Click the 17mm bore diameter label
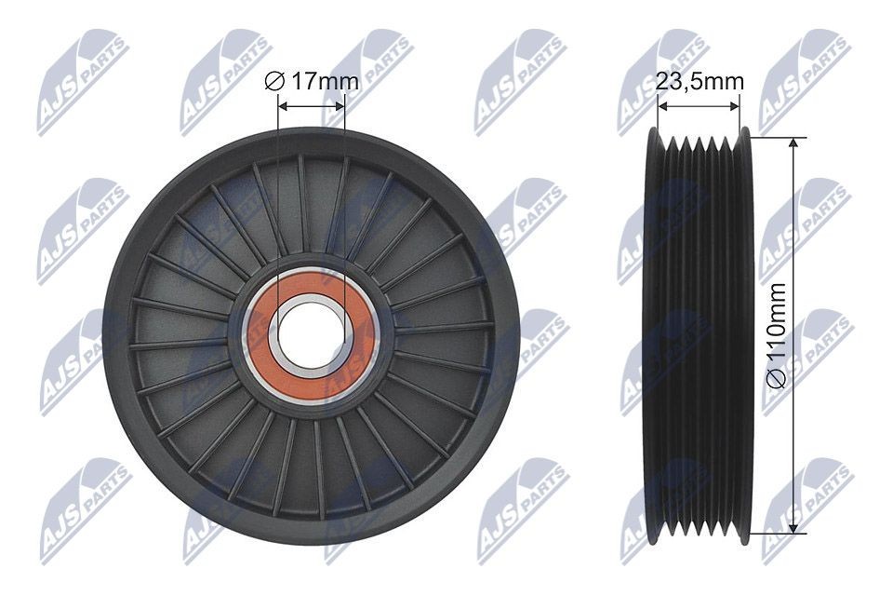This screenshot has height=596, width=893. click(312, 82)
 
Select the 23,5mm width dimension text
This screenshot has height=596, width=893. click(700, 81)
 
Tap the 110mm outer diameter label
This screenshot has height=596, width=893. click(778, 335)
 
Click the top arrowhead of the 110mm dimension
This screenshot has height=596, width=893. click(793, 143)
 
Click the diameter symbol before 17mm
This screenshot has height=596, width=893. click(273, 82)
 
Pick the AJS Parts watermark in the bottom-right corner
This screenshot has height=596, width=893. click(805, 508)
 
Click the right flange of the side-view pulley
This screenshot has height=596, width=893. click(742, 335)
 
